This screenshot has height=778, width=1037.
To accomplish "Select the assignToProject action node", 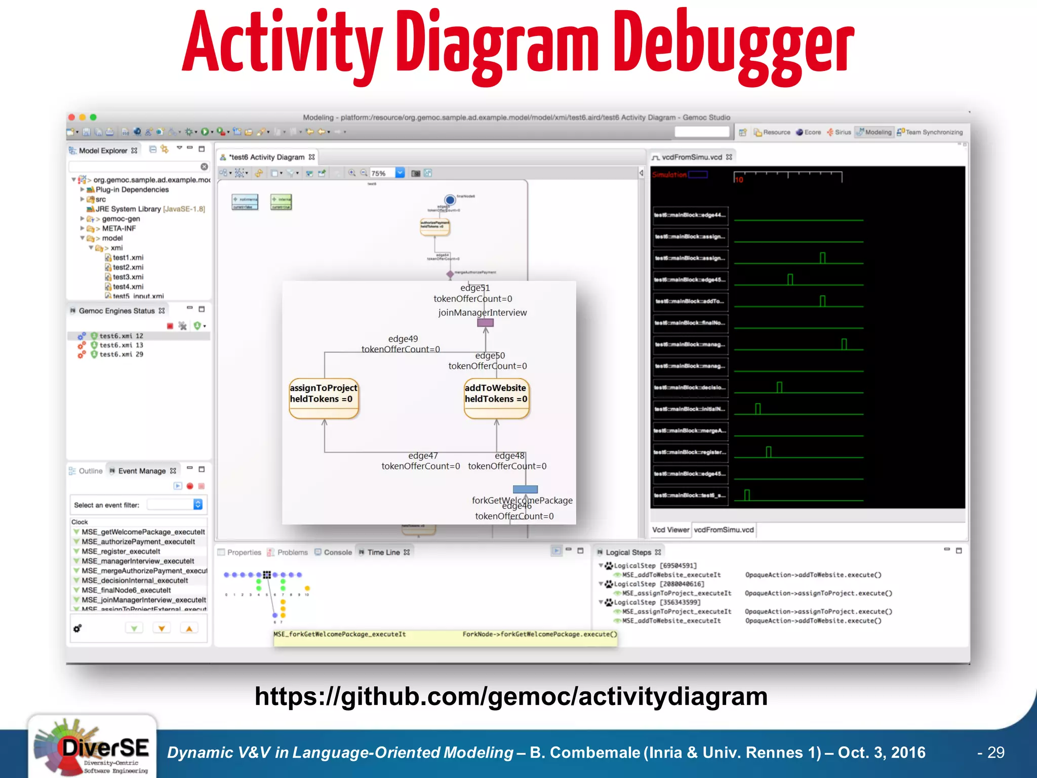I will pos(324,398).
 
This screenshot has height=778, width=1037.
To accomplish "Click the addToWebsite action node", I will pos(496,398).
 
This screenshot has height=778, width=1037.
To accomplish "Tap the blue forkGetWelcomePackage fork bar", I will pos(525,489).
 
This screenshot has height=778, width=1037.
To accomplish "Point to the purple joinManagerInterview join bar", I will pos(485,323).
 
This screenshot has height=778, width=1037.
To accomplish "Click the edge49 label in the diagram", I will pos(403,339).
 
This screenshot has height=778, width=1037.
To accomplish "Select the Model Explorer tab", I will pos(103,150).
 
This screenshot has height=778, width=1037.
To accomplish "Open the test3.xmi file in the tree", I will pos(128,277).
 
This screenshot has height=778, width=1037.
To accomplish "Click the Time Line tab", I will pos(383,552).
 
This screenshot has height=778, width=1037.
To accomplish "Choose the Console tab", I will pos(337,552).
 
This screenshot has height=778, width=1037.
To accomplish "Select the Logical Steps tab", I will pos(628,552).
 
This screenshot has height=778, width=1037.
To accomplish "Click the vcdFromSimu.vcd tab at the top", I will pos(692,157).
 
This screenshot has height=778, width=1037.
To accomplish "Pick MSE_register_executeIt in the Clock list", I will pos(121,552).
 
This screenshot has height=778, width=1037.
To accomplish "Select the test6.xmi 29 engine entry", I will pos(121,355).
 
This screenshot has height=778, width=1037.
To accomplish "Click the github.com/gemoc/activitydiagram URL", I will pos(511,696).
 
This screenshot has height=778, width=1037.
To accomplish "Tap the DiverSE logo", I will pos(92,747).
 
